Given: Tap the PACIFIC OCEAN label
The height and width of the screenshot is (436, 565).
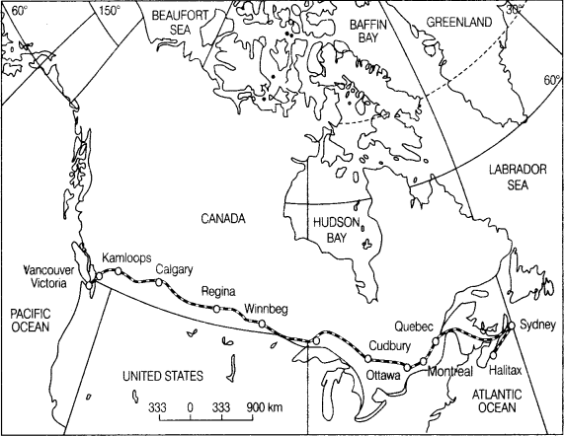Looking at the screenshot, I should pos(31,319).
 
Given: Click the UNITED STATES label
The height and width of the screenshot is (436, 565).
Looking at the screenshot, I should pos(163,377).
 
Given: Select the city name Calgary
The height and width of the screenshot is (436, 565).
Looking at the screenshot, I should pos(174,270).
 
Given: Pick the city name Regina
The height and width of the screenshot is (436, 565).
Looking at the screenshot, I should pos(218,293).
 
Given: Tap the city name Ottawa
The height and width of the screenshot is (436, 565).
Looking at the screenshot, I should pos(382,376).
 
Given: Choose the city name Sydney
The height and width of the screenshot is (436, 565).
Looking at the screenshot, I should pos(537,327).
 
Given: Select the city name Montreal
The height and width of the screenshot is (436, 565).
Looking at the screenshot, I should pos(451,371).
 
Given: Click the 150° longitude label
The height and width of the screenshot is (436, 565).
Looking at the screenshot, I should pos(110,11).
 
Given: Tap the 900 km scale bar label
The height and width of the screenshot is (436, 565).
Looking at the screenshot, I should pos(264,406).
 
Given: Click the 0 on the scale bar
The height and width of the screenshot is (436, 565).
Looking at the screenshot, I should pos(189,406).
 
